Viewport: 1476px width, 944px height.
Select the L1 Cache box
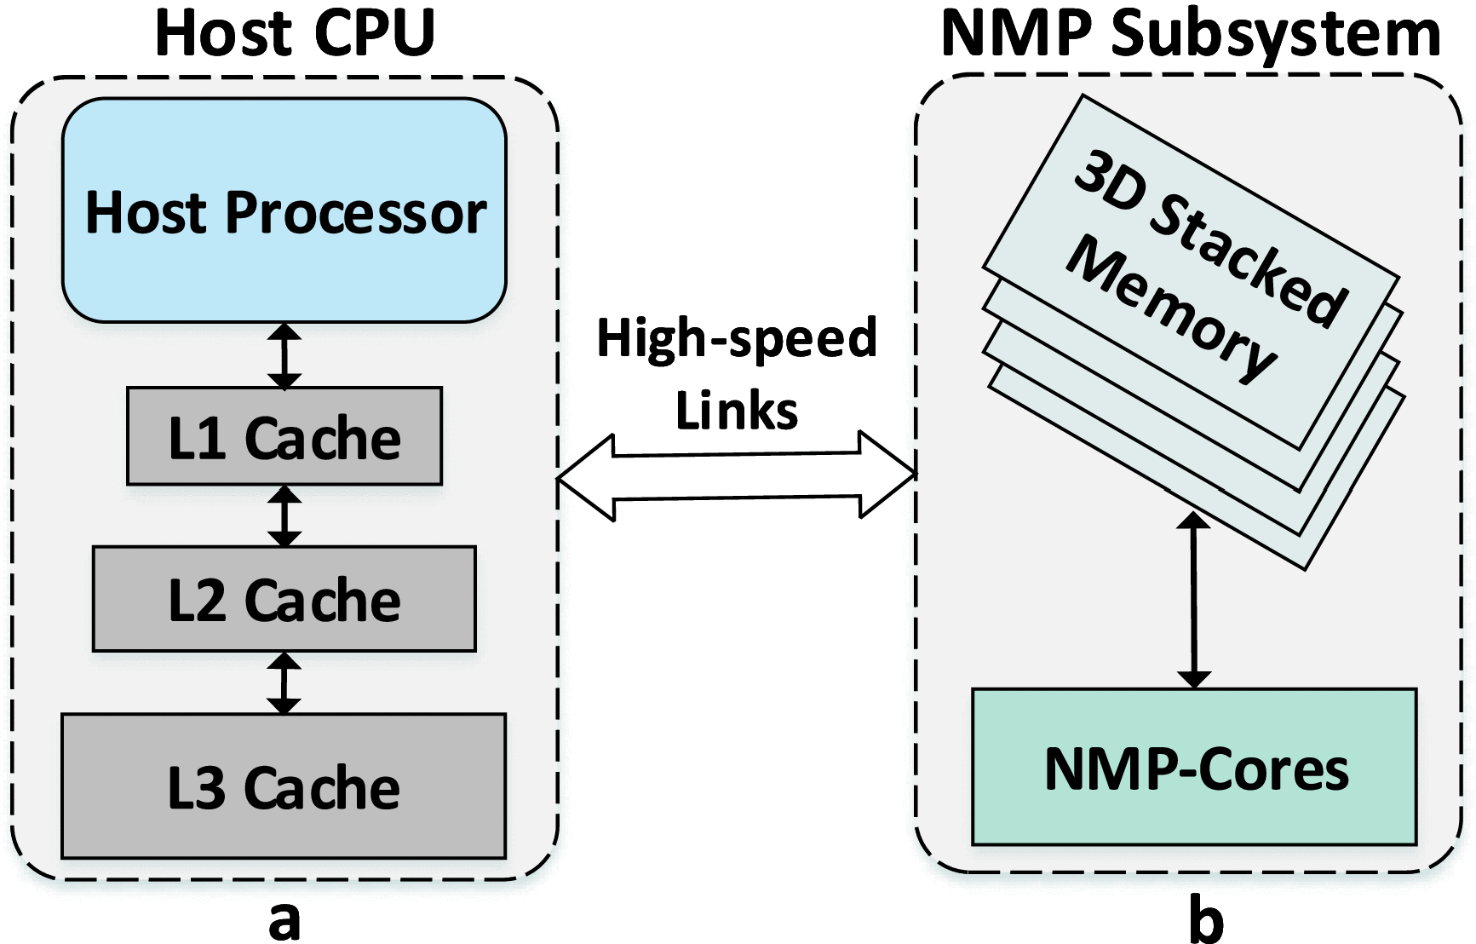284,437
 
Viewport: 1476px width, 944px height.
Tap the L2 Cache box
284,599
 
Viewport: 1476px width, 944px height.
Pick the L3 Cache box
284,786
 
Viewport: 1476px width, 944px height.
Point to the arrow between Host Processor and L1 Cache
284,355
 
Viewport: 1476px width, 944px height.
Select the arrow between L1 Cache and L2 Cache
284,515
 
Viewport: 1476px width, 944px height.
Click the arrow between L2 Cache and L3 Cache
284,682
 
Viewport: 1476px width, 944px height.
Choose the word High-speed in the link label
737,338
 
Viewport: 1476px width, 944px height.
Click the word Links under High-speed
737,411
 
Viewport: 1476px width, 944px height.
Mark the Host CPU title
295,32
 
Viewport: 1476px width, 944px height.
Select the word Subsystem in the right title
1275,34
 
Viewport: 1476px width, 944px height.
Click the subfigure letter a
284,920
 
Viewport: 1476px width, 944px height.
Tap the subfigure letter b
1205,920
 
